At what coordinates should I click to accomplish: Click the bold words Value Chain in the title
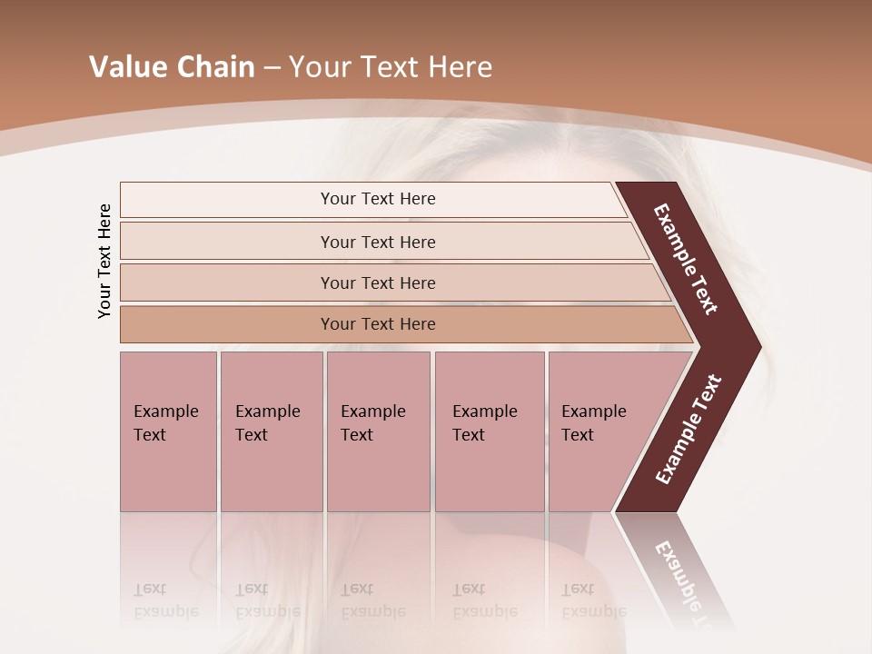pyautogui.click(x=172, y=67)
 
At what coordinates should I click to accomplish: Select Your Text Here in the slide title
pyautogui.click(x=391, y=67)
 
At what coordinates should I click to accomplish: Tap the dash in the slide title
pyautogui.click(x=272, y=68)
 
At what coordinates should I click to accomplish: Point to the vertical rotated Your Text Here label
pyautogui.click(x=104, y=261)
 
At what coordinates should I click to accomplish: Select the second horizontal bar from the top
pyautogui.click(x=377, y=242)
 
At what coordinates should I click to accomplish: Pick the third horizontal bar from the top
pyautogui.click(x=377, y=282)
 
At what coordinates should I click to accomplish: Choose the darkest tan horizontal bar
pyautogui.click(x=377, y=324)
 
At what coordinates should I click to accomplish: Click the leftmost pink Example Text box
pyautogui.click(x=168, y=431)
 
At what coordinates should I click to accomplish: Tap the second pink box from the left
pyautogui.click(x=271, y=431)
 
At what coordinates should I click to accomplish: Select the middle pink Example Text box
pyautogui.click(x=378, y=431)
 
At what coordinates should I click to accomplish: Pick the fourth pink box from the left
pyautogui.click(x=490, y=431)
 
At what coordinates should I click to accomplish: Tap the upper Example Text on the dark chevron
pyautogui.click(x=686, y=260)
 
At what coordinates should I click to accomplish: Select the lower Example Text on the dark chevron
pyautogui.click(x=688, y=430)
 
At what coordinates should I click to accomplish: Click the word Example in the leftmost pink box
pyautogui.click(x=165, y=411)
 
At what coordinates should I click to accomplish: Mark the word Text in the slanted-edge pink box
pyautogui.click(x=578, y=435)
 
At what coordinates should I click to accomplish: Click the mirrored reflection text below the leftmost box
pyautogui.click(x=165, y=600)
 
